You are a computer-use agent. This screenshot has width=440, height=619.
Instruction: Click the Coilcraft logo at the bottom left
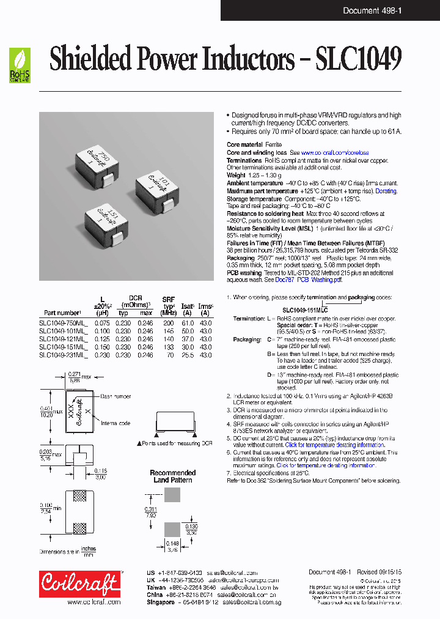[x=79, y=583]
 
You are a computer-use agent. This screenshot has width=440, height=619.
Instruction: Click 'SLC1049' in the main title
[x=358, y=61]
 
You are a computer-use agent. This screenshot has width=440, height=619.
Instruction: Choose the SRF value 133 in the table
[x=168, y=346]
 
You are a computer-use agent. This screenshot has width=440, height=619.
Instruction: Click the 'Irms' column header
[x=205, y=305]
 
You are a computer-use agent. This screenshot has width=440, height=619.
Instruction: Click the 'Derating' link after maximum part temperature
[x=386, y=191]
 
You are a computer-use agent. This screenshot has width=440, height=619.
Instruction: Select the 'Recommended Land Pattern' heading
[x=173, y=476]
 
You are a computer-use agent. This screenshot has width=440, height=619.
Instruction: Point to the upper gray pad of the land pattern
[x=173, y=497]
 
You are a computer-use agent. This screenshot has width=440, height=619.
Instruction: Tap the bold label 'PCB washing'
[x=244, y=272]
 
